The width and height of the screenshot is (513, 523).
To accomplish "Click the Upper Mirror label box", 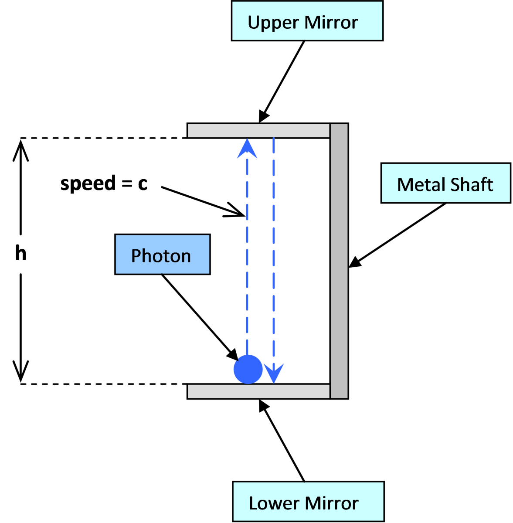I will (x=307, y=21).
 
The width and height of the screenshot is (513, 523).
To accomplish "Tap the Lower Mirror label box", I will (x=308, y=502).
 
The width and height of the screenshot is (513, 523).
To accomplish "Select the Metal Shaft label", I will (x=445, y=183).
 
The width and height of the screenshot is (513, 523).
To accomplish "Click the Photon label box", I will (x=162, y=255).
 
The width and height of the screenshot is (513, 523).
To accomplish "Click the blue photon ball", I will (x=248, y=369).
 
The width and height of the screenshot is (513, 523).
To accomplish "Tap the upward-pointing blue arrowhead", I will (x=247, y=149).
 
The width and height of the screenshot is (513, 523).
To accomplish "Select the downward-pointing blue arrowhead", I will (x=274, y=373).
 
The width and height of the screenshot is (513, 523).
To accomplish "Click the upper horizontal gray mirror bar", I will (x=258, y=131).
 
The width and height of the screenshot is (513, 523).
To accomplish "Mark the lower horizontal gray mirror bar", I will (x=258, y=391).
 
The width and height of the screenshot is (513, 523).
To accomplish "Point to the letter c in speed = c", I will (x=143, y=183).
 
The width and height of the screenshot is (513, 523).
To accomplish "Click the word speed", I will (x=88, y=183).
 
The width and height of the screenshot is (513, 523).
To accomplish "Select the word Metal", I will (x=421, y=184).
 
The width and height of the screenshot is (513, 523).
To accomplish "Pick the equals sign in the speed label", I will (x=127, y=183).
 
